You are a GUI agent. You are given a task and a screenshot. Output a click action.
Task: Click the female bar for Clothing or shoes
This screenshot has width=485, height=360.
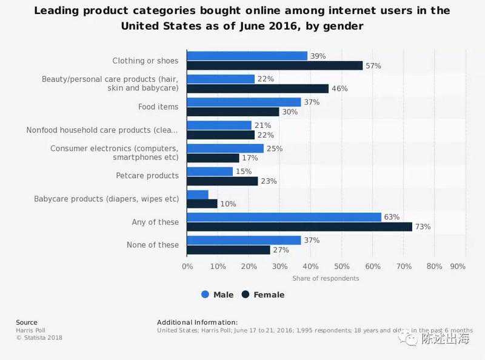point(275,65)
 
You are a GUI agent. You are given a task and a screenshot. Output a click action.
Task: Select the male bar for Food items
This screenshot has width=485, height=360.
point(244,102)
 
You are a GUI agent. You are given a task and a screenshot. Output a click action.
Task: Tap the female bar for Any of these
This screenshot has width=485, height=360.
point(299,227)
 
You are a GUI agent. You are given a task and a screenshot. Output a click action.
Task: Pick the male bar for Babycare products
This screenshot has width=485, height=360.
point(198,195)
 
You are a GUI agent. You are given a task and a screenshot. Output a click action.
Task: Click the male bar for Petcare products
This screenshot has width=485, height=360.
point(210,172)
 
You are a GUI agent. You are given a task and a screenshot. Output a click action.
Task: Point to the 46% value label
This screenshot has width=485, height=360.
point(339,88)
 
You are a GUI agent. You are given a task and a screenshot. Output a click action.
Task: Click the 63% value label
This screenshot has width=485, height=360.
point(392,217)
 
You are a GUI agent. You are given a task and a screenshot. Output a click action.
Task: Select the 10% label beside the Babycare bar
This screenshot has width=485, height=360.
point(228,204)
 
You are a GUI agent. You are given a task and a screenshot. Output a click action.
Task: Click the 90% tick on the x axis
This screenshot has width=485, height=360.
point(458,266)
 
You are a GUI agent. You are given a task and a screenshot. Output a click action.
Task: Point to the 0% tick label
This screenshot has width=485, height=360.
point(187,266)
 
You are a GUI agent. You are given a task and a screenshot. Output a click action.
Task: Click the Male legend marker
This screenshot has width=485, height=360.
point(205,295)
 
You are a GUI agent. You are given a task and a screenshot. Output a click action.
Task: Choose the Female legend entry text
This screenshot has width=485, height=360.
point(269,295)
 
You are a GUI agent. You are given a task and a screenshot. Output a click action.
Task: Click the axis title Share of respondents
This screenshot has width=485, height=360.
point(326,278)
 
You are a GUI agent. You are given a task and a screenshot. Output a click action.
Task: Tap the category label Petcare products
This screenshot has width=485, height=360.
point(147,176)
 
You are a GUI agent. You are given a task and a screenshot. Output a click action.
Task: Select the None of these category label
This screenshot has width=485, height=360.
point(155,245)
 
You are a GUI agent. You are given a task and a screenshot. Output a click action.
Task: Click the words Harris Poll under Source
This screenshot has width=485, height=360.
point(28,330)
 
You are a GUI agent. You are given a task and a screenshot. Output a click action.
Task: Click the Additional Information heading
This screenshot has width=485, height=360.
point(197,322)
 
